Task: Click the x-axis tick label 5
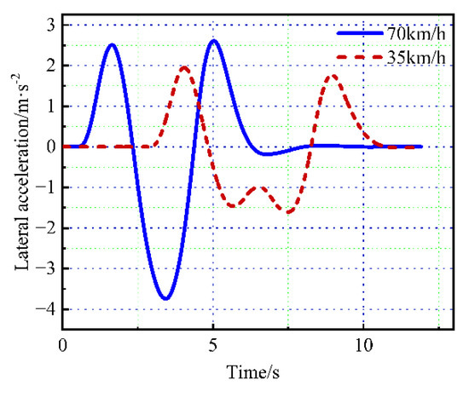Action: pyautogui.click(x=213, y=347)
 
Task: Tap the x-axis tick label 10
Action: pyautogui.click(x=363, y=347)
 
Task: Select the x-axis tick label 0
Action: pyautogui.click(x=63, y=347)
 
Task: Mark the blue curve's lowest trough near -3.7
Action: pyautogui.click(x=166, y=298)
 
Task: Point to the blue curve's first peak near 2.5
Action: pyautogui.click(x=112, y=44)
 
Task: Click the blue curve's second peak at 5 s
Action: pyautogui.click(x=214, y=41)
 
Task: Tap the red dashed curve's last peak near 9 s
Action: pyautogui.click(x=332, y=76)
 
